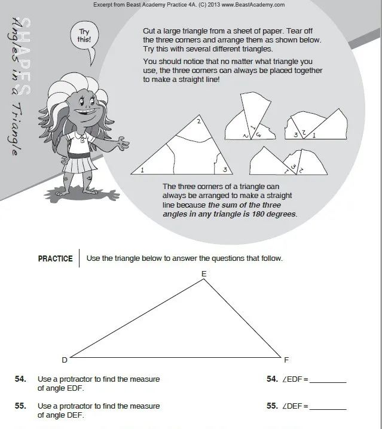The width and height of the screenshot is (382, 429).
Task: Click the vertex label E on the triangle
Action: coord(204,274)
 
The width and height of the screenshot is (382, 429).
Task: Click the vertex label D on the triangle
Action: coord(65,360)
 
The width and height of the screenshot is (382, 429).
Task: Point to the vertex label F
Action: coord(286,360)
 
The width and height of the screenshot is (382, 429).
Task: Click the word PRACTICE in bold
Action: coord(55,259)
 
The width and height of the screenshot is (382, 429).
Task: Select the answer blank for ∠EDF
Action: coord(328,380)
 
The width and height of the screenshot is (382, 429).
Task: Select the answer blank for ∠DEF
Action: coord(328,406)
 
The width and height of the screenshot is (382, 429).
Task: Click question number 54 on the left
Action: coord(20,379)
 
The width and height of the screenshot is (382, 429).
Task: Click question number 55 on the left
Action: coord(20,406)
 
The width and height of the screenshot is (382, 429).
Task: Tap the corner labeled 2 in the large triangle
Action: coord(198,123)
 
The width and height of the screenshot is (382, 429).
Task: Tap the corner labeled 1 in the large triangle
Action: coord(142,171)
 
